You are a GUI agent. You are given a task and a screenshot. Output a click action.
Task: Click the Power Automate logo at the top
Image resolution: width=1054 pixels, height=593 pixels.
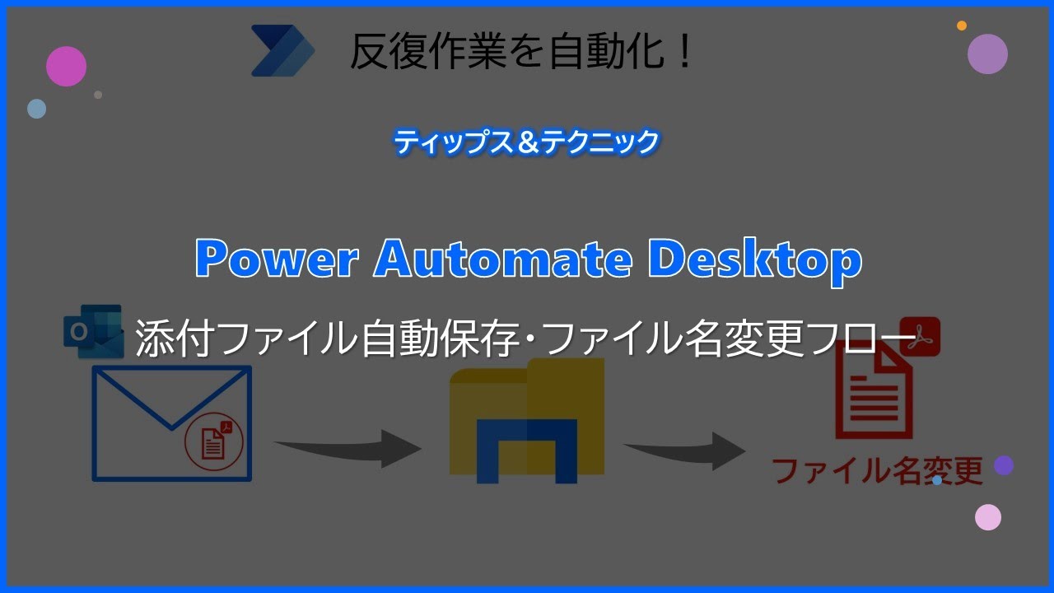coord(282,51)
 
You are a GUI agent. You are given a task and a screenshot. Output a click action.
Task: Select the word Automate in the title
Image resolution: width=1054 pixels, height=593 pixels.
coord(503,260)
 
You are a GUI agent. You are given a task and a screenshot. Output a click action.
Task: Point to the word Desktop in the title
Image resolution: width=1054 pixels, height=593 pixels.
coord(754,261)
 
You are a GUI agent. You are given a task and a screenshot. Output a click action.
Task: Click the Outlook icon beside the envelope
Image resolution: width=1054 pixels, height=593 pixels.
coord(93,331)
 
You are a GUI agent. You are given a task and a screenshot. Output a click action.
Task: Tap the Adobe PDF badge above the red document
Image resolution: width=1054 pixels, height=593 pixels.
coord(920,336)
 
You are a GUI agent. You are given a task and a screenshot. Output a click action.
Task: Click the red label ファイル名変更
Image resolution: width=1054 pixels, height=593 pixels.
coord(878,472)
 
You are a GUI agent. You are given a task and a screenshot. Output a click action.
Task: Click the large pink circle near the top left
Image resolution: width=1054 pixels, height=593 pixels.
coord(67,66)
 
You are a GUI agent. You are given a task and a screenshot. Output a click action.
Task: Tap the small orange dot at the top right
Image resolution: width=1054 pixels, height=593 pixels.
coord(962,26)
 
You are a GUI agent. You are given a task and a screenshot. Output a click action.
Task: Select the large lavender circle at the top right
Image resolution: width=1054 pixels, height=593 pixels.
coord(987,54)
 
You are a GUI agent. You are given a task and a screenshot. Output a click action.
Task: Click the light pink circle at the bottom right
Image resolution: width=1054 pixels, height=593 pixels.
coord(988,517)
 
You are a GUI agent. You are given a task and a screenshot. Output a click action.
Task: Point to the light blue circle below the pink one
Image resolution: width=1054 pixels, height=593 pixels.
coord(36,109)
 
